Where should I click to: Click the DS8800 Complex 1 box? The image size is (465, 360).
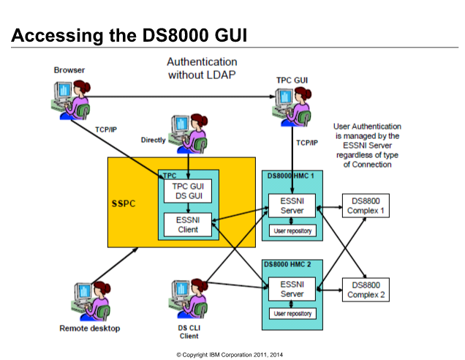(x=366, y=206)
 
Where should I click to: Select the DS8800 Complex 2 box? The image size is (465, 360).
(x=366, y=290)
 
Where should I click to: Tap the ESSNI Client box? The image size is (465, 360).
(x=188, y=225)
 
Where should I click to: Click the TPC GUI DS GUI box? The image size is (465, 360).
(x=188, y=191)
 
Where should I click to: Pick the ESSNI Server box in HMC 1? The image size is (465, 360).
(x=292, y=206)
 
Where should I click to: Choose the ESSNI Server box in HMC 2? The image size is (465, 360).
(x=292, y=289)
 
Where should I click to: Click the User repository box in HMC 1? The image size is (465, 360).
(x=292, y=230)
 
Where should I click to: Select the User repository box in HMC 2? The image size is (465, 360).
(x=292, y=313)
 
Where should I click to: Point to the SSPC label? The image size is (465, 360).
(x=124, y=203)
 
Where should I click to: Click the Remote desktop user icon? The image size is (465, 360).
(x=91, y=301)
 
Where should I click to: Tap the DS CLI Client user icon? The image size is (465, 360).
(x=189, y=299)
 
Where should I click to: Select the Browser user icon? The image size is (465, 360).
(x=71, y=100)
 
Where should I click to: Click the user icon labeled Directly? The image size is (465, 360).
(x=189, y=134)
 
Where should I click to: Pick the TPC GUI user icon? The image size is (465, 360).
(x=292, y=107)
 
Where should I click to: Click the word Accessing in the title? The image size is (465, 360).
(x=57, y=36)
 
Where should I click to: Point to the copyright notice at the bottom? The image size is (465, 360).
(x=230, y=355)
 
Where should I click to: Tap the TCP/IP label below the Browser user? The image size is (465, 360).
(x=106, y=130)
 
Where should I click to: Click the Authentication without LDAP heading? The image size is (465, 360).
(x=202, y=68)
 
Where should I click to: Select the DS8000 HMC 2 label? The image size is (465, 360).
(x=287, y=264)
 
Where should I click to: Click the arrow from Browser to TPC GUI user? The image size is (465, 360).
(x=181, y=97)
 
